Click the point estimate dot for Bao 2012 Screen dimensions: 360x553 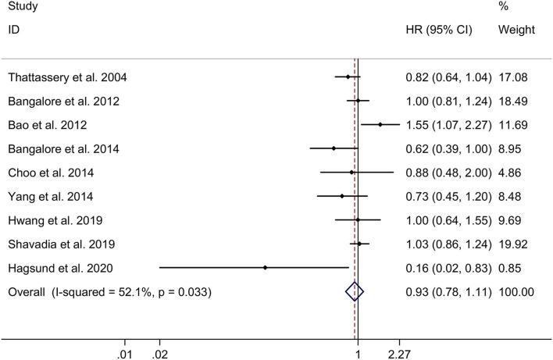(x=380, y=125)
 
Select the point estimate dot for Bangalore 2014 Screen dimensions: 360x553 (x=334, y=148)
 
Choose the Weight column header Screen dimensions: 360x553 (x=516, y=30)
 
